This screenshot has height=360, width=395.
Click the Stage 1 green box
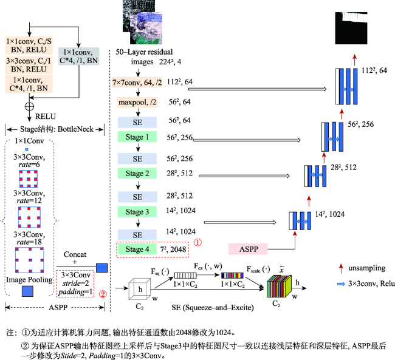click(137, 137)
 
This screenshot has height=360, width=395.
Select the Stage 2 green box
click(137, 173)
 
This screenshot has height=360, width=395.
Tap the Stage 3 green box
click(137, 212)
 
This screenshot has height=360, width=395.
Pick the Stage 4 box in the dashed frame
click(137, 250)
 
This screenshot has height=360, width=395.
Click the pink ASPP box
click(248, 249)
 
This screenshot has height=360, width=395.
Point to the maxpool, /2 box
click(137, 102)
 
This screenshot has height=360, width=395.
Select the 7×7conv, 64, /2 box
click(137, 83)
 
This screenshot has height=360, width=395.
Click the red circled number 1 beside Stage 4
click(197, 242)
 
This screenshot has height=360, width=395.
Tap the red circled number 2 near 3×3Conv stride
click(103, 294)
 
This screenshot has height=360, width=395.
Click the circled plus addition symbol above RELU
click(30, 106)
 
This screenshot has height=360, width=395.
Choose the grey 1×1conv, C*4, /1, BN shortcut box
click(78, 56)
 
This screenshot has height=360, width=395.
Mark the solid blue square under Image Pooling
click(27, 291)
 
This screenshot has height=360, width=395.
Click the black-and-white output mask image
click(351, 28)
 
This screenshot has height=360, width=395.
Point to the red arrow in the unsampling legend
click(341, 268)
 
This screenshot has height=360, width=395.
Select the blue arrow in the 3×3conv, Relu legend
click(341, 284)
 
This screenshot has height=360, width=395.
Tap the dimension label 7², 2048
click(173, 250)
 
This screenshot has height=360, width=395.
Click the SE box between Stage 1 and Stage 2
click(137, 159)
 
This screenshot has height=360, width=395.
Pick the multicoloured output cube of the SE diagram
click(279, 286)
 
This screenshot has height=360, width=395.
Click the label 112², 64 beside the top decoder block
click(374, 70)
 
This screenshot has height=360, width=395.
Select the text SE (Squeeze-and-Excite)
click(213, 307)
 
